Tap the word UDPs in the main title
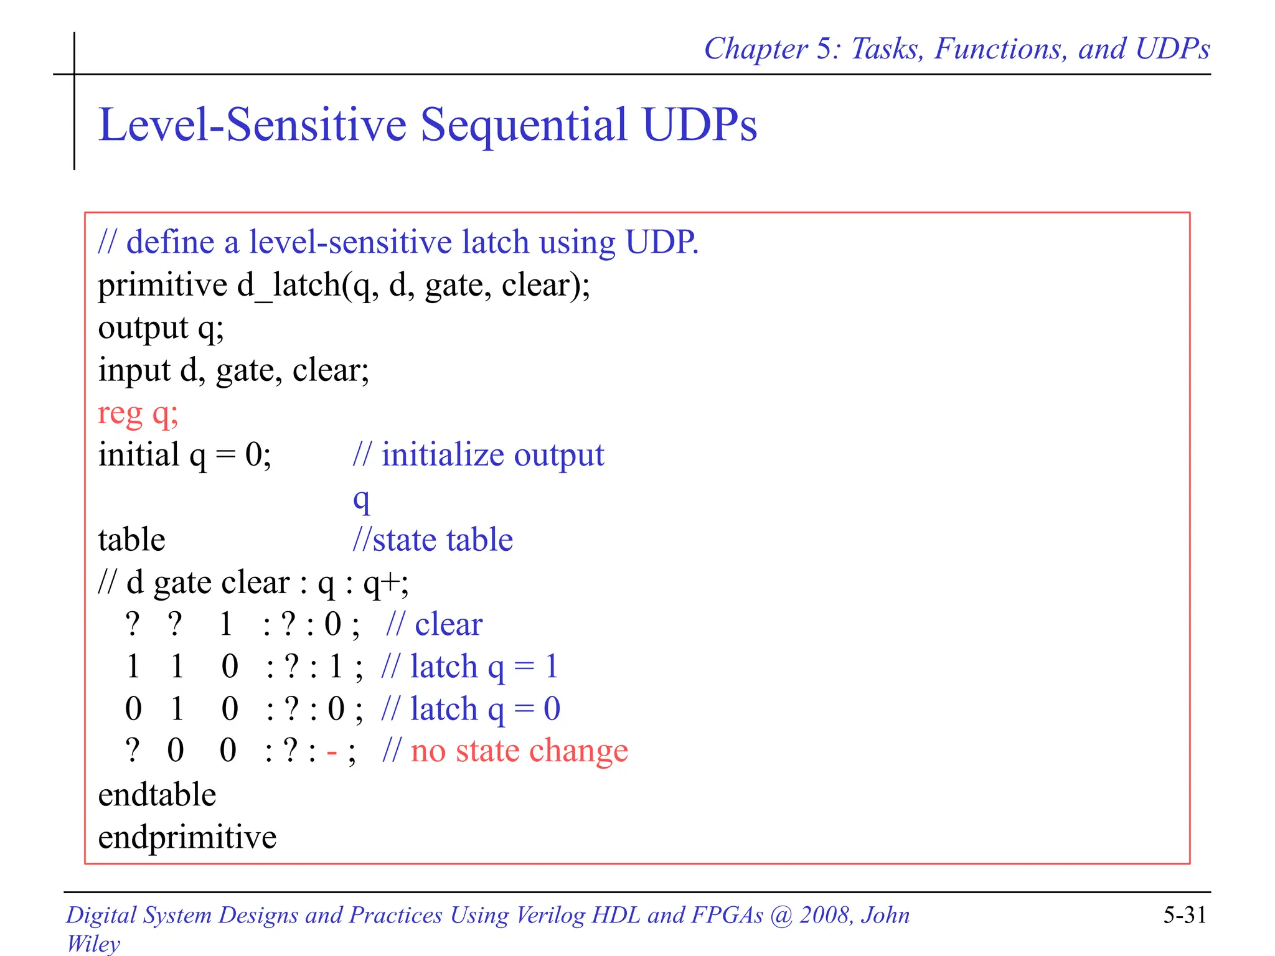point(699,124)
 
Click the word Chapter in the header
point(755,49)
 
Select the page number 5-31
point(1184,915)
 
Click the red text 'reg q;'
point(138,413)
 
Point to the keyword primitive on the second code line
point(162,286)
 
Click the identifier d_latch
point(288,286)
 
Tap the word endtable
point(157,795)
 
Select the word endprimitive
point(187,837)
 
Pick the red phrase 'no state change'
point(519,751)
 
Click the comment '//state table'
point(433,540)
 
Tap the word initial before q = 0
point(138,454)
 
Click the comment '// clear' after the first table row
point(434,624)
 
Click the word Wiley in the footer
point(93,943)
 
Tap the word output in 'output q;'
point(143,328)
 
